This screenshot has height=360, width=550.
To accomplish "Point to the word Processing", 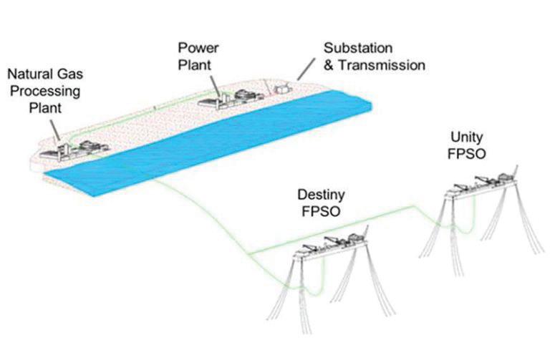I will coord(49,91).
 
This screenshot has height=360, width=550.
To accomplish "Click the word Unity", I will coord(466,136).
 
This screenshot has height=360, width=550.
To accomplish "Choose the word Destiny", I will coord(323,195).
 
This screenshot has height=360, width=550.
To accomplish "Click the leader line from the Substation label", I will coord(305,69).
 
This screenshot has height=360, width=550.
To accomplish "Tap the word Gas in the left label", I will coord(67,74).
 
